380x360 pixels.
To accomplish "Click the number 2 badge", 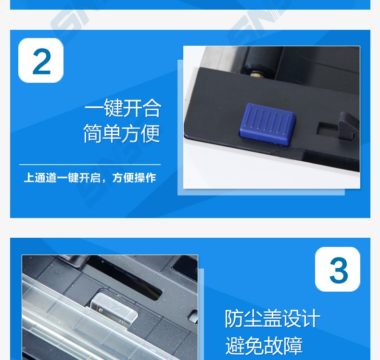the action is (41, 60).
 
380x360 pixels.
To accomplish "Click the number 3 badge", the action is (338, 270).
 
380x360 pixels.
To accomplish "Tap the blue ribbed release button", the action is (267, 124).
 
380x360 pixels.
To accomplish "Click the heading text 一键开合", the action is (123, 108).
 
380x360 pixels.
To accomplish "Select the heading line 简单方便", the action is (122, 133).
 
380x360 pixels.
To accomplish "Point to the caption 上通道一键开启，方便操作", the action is (90, 178).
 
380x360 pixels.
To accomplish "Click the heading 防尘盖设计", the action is (273, 319).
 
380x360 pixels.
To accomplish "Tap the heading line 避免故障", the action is (264, 346).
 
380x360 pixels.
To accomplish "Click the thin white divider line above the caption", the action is (90, 165).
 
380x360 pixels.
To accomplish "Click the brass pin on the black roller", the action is (255, 74).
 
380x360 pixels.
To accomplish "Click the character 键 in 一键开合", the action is (113, 108).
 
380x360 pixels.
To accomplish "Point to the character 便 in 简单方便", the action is (151, 133).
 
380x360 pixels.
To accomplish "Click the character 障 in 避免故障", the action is (293, 346).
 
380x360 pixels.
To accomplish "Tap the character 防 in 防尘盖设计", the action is (234, 319).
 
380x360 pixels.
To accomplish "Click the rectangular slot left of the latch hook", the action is (328, 128).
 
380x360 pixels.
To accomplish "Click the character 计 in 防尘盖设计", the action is (311, 319).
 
